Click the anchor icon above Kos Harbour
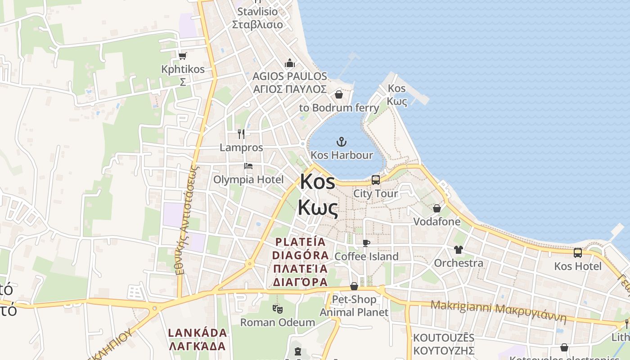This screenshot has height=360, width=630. pos(342,142)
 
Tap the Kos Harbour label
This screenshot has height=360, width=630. pos(342,155)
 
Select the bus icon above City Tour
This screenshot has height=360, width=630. pos(376,180)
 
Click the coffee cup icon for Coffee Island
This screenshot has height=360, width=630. pos(366,243)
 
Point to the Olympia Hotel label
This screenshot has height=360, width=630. pos(248,180)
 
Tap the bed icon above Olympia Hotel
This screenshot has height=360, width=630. pos(248,166)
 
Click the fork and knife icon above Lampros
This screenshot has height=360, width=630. pos(241,134)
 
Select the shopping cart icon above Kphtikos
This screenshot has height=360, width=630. pos(182,56)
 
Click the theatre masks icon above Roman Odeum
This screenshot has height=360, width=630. pos(277,309)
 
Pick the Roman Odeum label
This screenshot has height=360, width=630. pos(277,322)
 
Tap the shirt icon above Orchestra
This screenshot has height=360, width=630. pos(458,250)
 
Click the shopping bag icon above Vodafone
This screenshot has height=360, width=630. pos(436,208)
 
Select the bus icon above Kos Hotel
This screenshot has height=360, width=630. pos(578,253)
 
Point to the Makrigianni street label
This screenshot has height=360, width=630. pos(498,310)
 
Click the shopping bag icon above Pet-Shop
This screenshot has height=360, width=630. pos(354,287)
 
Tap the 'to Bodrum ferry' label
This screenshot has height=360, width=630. pos(339,108)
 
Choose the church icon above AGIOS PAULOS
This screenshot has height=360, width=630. pos(290,63)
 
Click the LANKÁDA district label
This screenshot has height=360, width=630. pos(197,333)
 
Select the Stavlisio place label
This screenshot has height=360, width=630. pos(257,12)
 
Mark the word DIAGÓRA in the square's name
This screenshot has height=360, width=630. pos(300,255)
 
